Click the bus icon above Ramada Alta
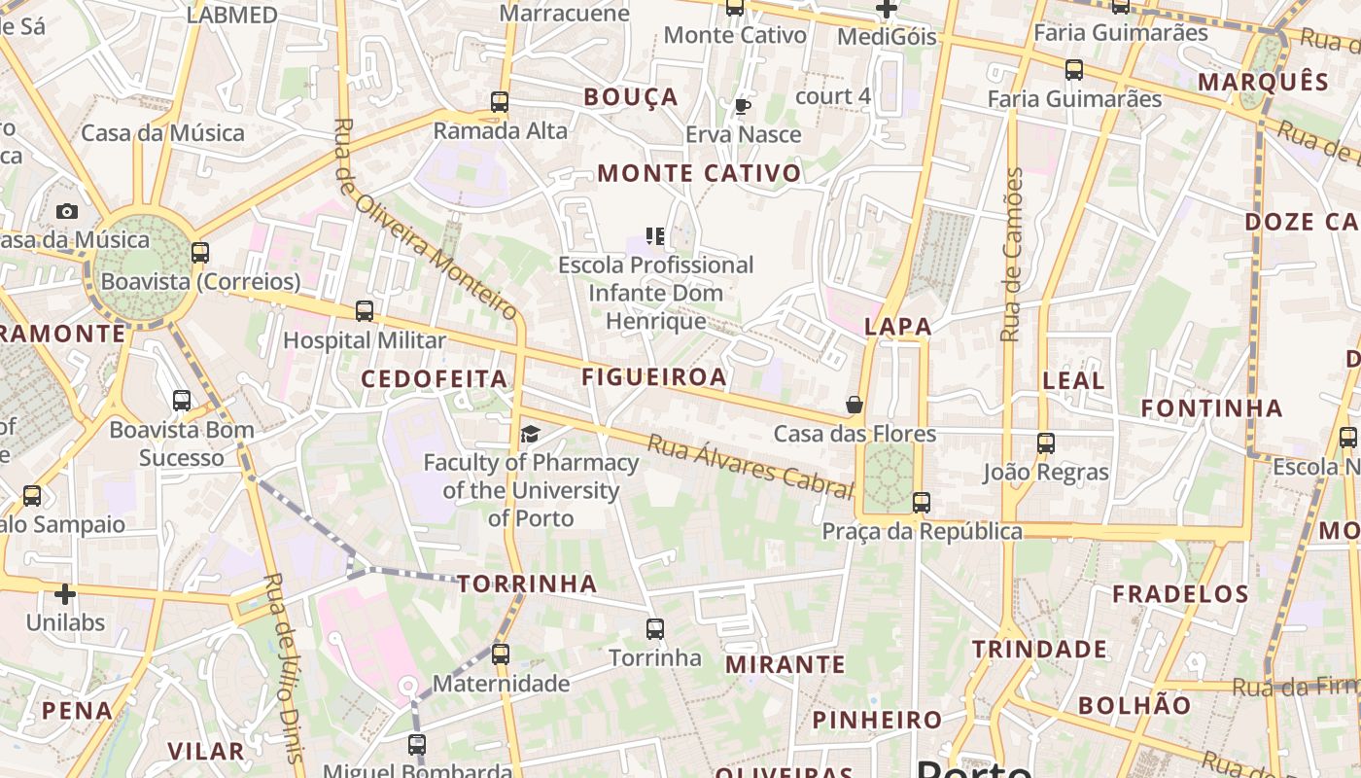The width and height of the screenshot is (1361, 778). coord(500,101)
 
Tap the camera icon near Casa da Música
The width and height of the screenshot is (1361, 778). coord(66,211)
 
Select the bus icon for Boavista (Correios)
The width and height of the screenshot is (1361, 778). coord(200,253)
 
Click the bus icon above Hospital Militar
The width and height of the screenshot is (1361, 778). coord(365,311)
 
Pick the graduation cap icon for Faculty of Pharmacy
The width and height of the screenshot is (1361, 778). coord(530,434)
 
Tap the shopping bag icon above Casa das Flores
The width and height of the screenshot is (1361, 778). coord(855,405)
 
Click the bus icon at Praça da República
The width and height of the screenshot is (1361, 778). coord(922,503)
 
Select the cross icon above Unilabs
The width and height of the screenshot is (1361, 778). coord(65,593)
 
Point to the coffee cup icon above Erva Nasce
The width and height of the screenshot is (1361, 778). coord(743,106)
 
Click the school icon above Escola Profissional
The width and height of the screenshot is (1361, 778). coord(655,236)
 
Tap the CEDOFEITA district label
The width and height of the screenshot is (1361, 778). coord(435,378)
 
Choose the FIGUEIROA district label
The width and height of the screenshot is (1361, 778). coord(654,377)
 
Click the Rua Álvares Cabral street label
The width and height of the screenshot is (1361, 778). coord(750,465)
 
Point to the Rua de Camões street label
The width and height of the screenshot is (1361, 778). coord(1012,255)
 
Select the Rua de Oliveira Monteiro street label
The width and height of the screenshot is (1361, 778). coord(425,219)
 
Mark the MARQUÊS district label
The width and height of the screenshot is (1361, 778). coord(1263,82)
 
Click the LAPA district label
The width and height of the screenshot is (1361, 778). coord(898,327)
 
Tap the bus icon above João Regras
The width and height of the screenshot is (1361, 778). coord(1046,443)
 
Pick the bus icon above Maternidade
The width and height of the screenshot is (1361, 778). coord(501,654)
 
